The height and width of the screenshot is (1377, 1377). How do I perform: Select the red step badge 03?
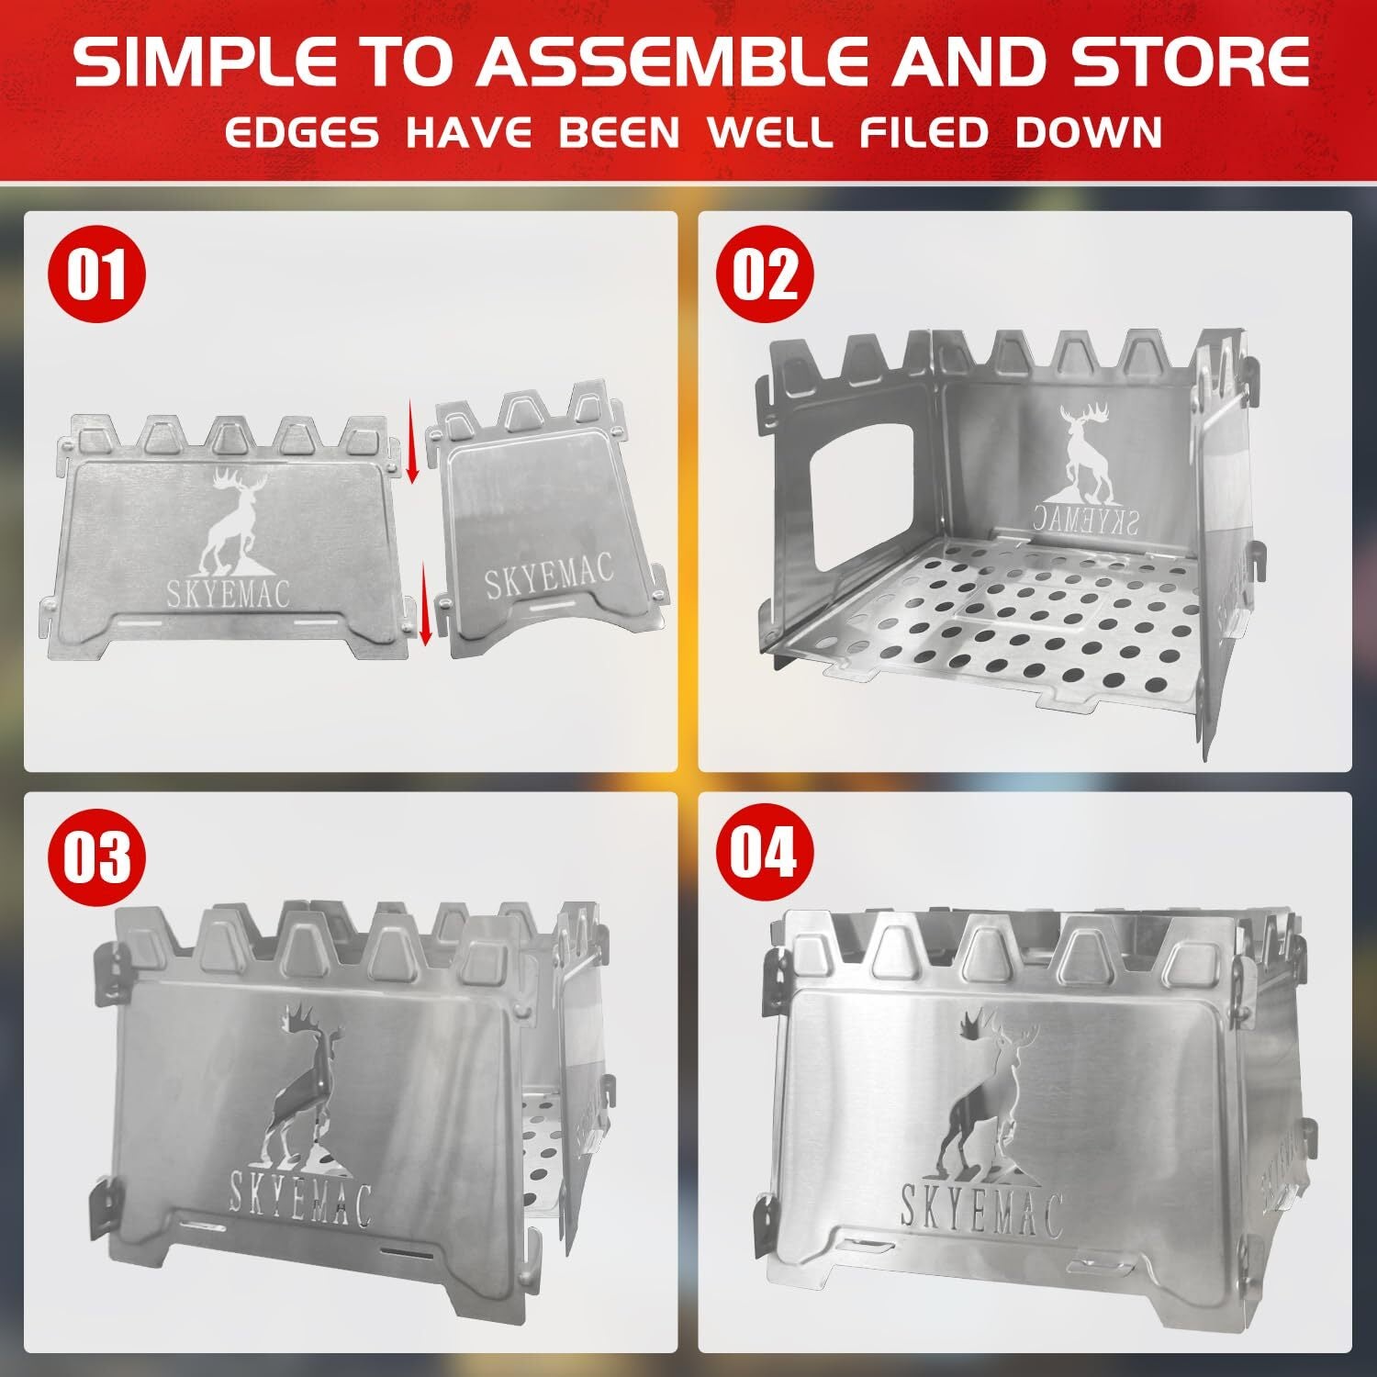[96, 857]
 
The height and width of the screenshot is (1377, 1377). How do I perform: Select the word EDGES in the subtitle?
[301, 133]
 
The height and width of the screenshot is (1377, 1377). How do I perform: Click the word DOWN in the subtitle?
[1089, 133]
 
